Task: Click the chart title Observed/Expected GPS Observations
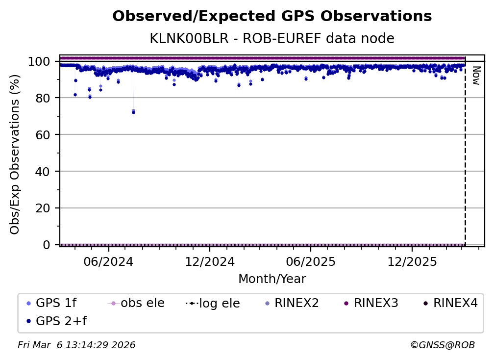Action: pos(272,17)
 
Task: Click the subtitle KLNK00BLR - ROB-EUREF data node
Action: pos(272,38)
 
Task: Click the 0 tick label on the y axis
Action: pos(46,245)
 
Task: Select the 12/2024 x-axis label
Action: pos(209,261)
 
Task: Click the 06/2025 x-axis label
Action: pos(310,261)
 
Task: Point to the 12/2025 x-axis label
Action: pos(412,261)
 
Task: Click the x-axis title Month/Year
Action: pos(272,279)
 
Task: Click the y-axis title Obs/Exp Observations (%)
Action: pos(15,154)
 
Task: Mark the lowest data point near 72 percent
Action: pos(133,112)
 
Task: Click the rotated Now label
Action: pos(475,76)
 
